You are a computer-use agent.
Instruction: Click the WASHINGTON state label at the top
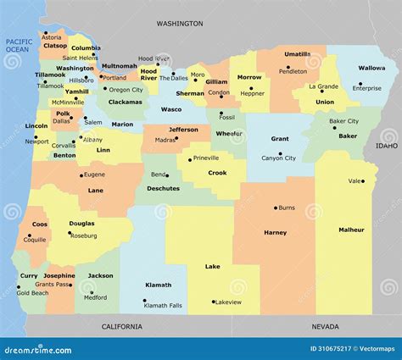180,24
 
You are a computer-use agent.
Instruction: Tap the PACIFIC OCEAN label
18,46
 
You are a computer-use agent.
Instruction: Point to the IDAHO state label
386,146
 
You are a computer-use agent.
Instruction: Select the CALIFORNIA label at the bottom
122,326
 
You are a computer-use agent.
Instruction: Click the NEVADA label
325,326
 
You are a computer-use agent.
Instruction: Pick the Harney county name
276,232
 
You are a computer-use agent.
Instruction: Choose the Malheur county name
351,230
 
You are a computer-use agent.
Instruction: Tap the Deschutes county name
164,189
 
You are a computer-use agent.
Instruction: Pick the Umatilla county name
297,54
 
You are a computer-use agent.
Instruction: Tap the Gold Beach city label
32,293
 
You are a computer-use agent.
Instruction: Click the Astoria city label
52,37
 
